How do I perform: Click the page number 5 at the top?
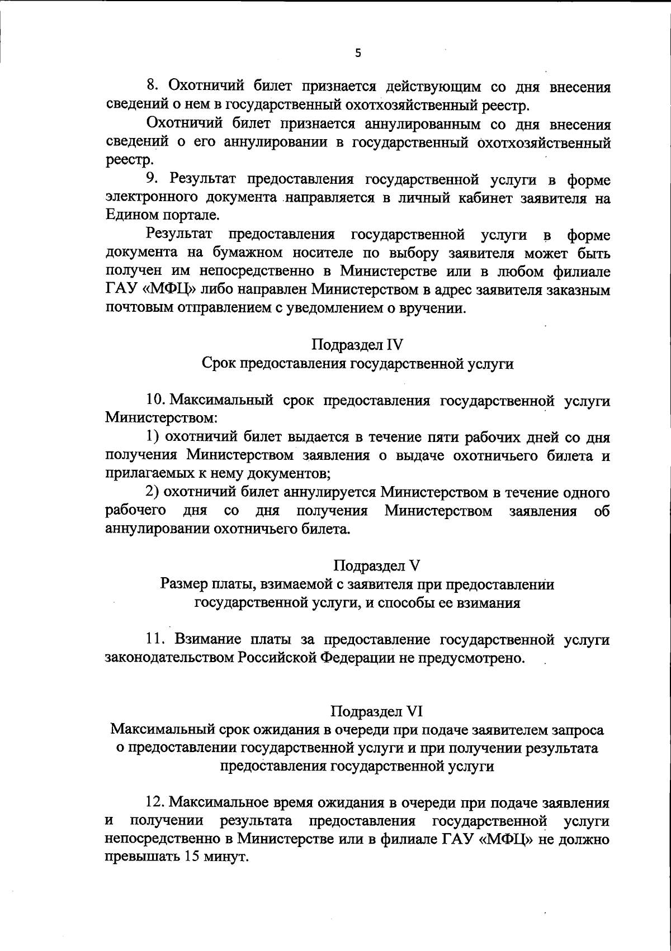coord(358,54)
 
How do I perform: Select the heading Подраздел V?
coord(376,565)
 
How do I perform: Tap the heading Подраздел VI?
coord(376,711)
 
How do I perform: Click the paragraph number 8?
coord(152,87)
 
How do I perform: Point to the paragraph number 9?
coord(152,179)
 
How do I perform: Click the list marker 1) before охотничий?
coord(152,437)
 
